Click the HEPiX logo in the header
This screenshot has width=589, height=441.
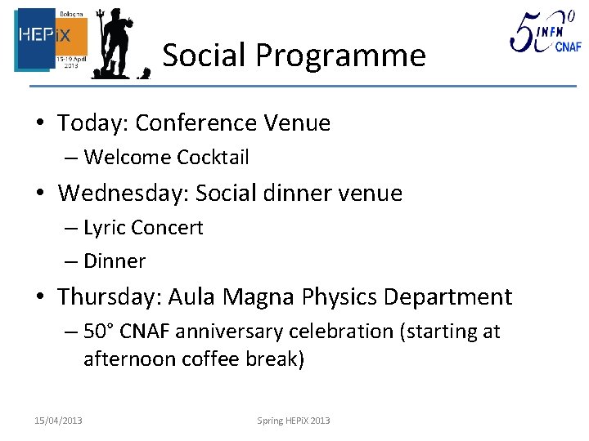[x=51, y=40]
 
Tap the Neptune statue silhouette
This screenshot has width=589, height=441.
[x=117, y=44]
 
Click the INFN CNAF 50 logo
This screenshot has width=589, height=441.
[x=545, y=34]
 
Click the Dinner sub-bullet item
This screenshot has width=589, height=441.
[x=115, y=261]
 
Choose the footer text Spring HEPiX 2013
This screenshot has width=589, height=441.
[x=294, y=421]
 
